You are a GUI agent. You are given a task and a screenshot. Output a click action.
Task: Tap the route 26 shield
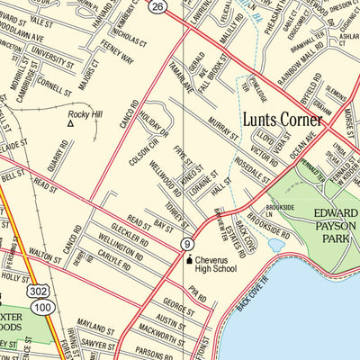click(x=158, y=7)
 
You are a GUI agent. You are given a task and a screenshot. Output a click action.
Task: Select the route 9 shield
click(x=185, y=244)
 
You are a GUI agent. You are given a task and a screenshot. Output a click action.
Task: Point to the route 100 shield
click(x=41, y=309)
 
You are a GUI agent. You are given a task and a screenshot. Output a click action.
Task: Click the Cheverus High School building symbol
click(x=190, y=260)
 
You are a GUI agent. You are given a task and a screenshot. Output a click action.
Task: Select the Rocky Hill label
click(x=85, y=114)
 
